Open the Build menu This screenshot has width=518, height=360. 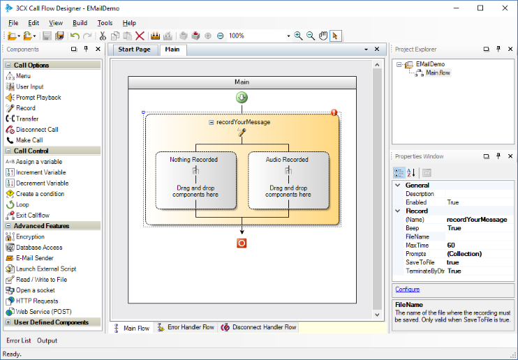click(80, 23)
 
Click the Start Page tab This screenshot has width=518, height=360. click(134, 50)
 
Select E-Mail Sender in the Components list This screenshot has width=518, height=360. click(34, 258)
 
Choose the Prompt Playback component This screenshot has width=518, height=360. click(38, 98)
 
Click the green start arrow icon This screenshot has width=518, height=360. click(242, 98)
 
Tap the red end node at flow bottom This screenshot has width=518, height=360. click(242, 243)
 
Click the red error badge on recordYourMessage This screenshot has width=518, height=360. click(334, 112)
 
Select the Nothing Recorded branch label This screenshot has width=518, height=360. click(193, 160)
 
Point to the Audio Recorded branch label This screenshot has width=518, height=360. click(287, 160)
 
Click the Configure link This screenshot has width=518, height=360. click(407, 290)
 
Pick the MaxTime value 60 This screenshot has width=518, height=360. click(451, 245)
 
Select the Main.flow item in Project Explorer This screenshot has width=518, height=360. click(438, 73)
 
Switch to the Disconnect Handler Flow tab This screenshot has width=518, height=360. click(259, 327)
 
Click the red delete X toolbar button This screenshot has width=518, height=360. click(140, 36)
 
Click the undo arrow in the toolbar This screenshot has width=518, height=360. click(75, 36)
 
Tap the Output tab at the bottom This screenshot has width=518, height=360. click(47, 340)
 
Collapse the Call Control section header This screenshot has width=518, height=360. click(8, 151)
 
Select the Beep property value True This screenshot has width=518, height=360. click(454, 228)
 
